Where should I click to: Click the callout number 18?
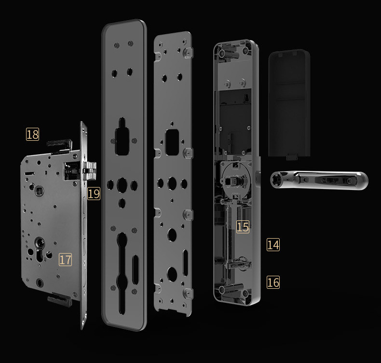(x=32, y=134)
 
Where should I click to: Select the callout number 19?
(x=94, y=193)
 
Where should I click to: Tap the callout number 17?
(x=66, y=259)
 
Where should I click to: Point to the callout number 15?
(x=243, y=227)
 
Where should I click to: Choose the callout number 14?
(x=273, y=244)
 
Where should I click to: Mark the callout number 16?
(x=273, y=282)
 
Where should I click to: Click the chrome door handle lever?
(x=319, y=180)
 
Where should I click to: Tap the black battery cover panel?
(x=289, y=105)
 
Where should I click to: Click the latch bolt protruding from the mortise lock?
(x=89, y=171)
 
